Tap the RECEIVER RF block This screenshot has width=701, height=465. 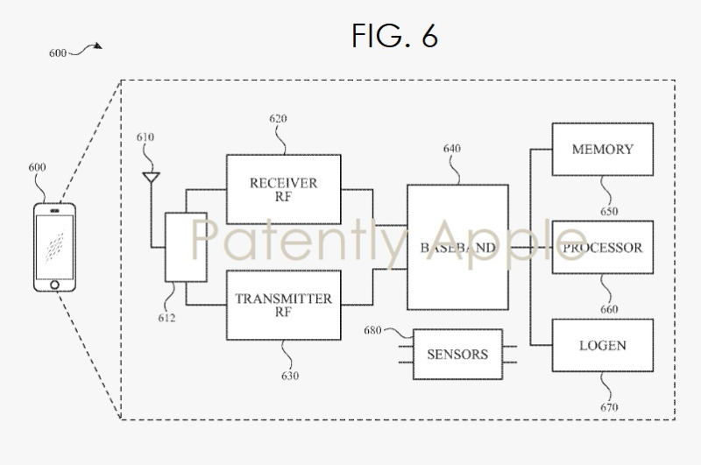point(283,189)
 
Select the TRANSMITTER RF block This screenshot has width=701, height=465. point(283,305)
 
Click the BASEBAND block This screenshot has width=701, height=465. point(457,247)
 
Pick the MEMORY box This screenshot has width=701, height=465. point(602,150)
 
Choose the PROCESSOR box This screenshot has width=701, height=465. point(602,248)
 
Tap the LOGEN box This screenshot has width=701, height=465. point(602,344)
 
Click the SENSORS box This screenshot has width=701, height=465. point(457,354)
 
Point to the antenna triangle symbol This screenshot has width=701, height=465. point(150,178)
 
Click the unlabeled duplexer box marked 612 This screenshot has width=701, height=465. point(186,247)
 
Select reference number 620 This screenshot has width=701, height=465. point(278,118)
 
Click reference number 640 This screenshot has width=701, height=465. point(451,149)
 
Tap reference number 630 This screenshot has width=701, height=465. point(290,377)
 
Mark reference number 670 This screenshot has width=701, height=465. point(609,407)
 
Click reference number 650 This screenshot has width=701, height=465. point(609,211)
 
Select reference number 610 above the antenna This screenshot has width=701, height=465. point(145,137)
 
